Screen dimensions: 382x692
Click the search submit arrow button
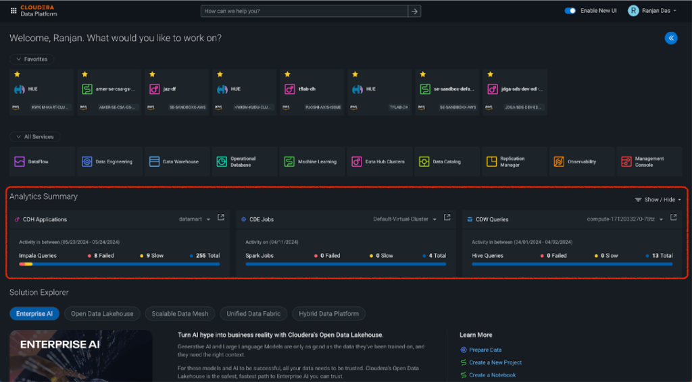coord(415,11)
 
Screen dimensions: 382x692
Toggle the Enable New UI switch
coord(570,11)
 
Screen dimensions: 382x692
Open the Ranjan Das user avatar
coord(633,11)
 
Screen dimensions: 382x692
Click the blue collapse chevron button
coord(671,38)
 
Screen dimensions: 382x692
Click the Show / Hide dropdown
coord(658,200)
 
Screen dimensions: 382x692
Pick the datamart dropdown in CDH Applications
coord(195,219)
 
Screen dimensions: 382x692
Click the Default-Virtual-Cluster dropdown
coord(405,219)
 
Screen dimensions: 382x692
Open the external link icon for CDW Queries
coord(673,217)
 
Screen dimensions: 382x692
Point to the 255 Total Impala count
coord(207,256)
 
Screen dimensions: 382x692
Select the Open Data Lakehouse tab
coord(103,313)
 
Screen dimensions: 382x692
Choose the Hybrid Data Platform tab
coord(329,313)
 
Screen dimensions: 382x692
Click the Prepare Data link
coord(485,350)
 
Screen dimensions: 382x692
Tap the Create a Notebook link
coord(492,375)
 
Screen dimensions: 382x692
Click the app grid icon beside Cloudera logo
coord(14,11)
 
